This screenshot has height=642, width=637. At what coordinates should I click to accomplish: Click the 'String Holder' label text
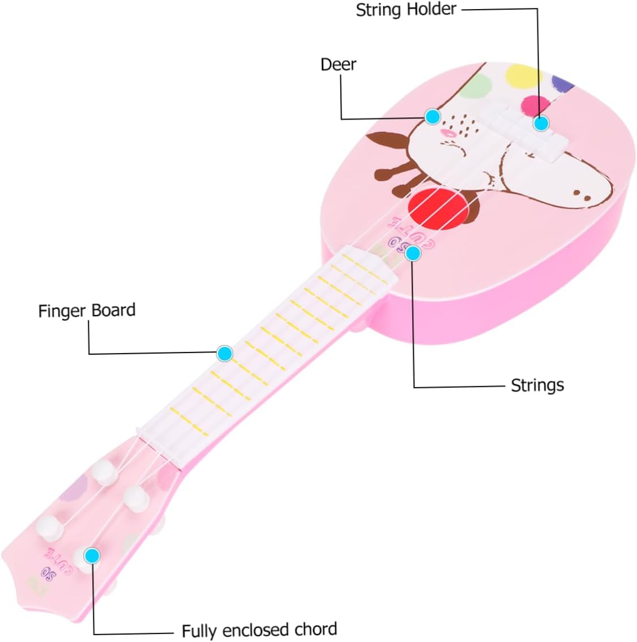405,10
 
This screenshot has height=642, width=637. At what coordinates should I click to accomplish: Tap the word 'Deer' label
338,64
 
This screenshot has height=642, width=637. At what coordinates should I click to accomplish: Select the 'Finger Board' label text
87,311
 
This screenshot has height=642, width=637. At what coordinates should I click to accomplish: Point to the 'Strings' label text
537,385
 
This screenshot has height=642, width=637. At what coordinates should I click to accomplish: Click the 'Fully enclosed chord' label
259,630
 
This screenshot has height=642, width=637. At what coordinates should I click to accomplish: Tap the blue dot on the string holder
541,123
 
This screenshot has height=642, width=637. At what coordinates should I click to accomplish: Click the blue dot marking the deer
433,117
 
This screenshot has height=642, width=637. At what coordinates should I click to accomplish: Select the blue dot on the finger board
225,354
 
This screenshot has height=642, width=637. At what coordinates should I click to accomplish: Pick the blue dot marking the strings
413,253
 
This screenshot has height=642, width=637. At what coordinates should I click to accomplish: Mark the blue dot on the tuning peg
92,555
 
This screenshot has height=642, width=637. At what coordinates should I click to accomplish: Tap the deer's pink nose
448,133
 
